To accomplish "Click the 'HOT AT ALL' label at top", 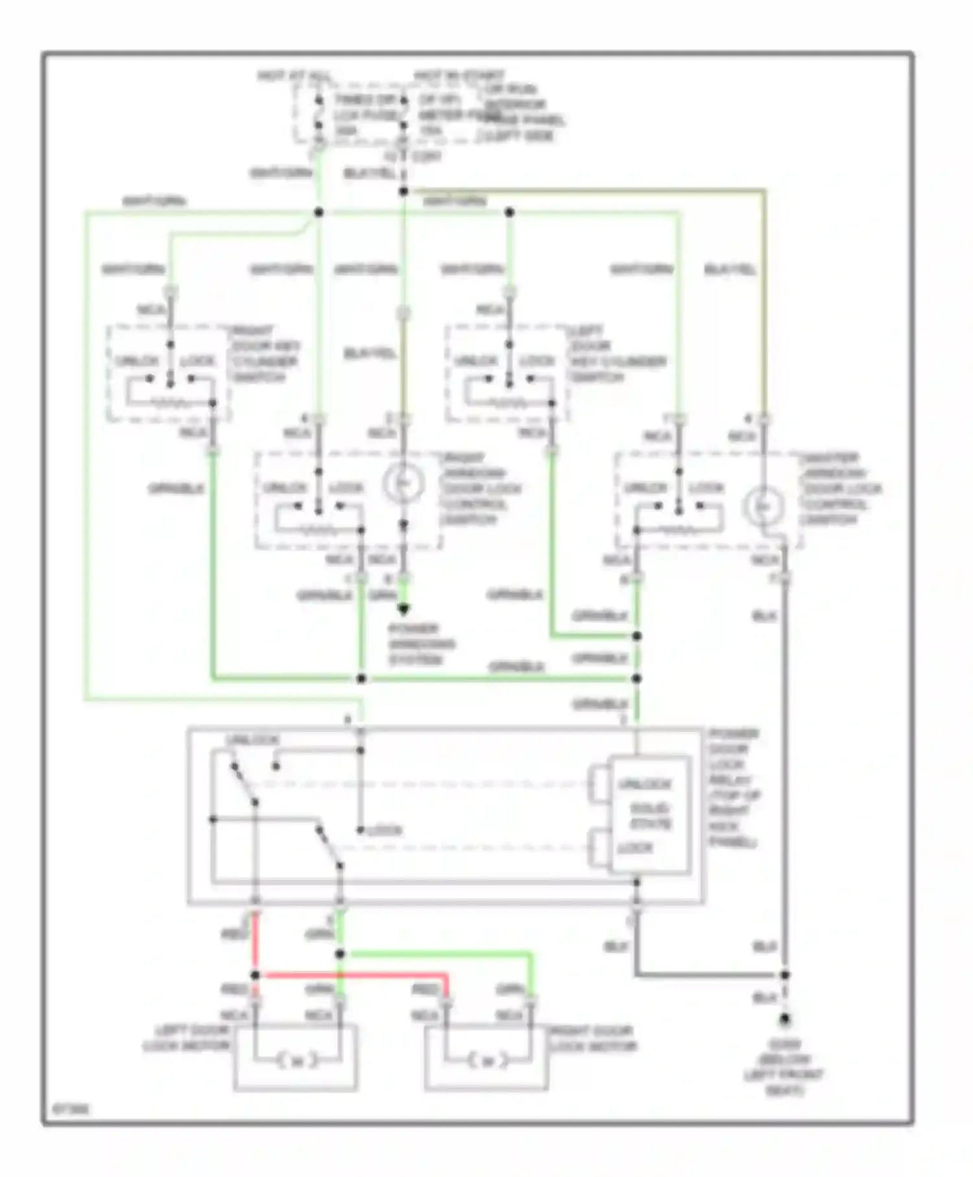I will coord(293,76).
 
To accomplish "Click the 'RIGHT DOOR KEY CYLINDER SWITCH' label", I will coord(265,354).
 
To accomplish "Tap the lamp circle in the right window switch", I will coord(403,484).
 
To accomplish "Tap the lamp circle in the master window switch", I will coord(764,506).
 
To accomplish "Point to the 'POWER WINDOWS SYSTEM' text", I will coord(422,644).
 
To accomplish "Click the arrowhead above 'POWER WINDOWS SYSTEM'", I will coord(403,609).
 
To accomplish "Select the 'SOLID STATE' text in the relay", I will coord(650,816).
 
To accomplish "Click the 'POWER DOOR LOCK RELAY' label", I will coord(733,788).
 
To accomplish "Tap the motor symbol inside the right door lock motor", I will coord(488,1061).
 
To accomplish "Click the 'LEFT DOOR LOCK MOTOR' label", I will coord(187,1038).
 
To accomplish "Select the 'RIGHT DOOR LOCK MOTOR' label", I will coord(592,1038).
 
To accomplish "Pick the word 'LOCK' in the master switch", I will coord(706,488).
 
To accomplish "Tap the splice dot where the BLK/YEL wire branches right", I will coord(403,191).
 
